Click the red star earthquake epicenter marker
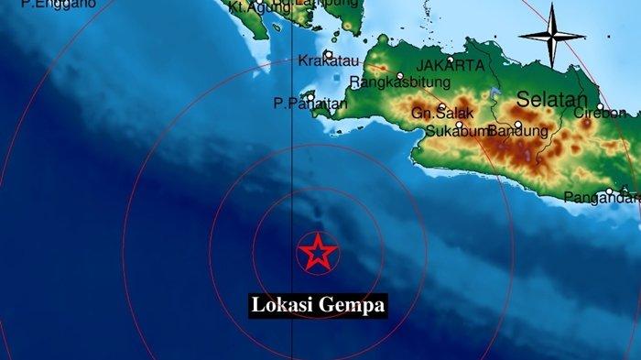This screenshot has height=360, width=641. [318, 253]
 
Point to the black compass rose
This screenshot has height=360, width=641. [551, 36]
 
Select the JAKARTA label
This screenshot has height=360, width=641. [450, 66]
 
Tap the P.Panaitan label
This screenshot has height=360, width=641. [310, 104]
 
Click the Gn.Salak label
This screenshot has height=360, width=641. [435, 114]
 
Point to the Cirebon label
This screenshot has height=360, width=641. [600, 114]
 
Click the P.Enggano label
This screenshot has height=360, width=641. [46, 5]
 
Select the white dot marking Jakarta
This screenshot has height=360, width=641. [450, 59]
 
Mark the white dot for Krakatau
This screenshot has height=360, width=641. [328, 54]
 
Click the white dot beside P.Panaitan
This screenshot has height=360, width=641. [311, 95]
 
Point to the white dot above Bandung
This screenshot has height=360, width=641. [518, 125]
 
